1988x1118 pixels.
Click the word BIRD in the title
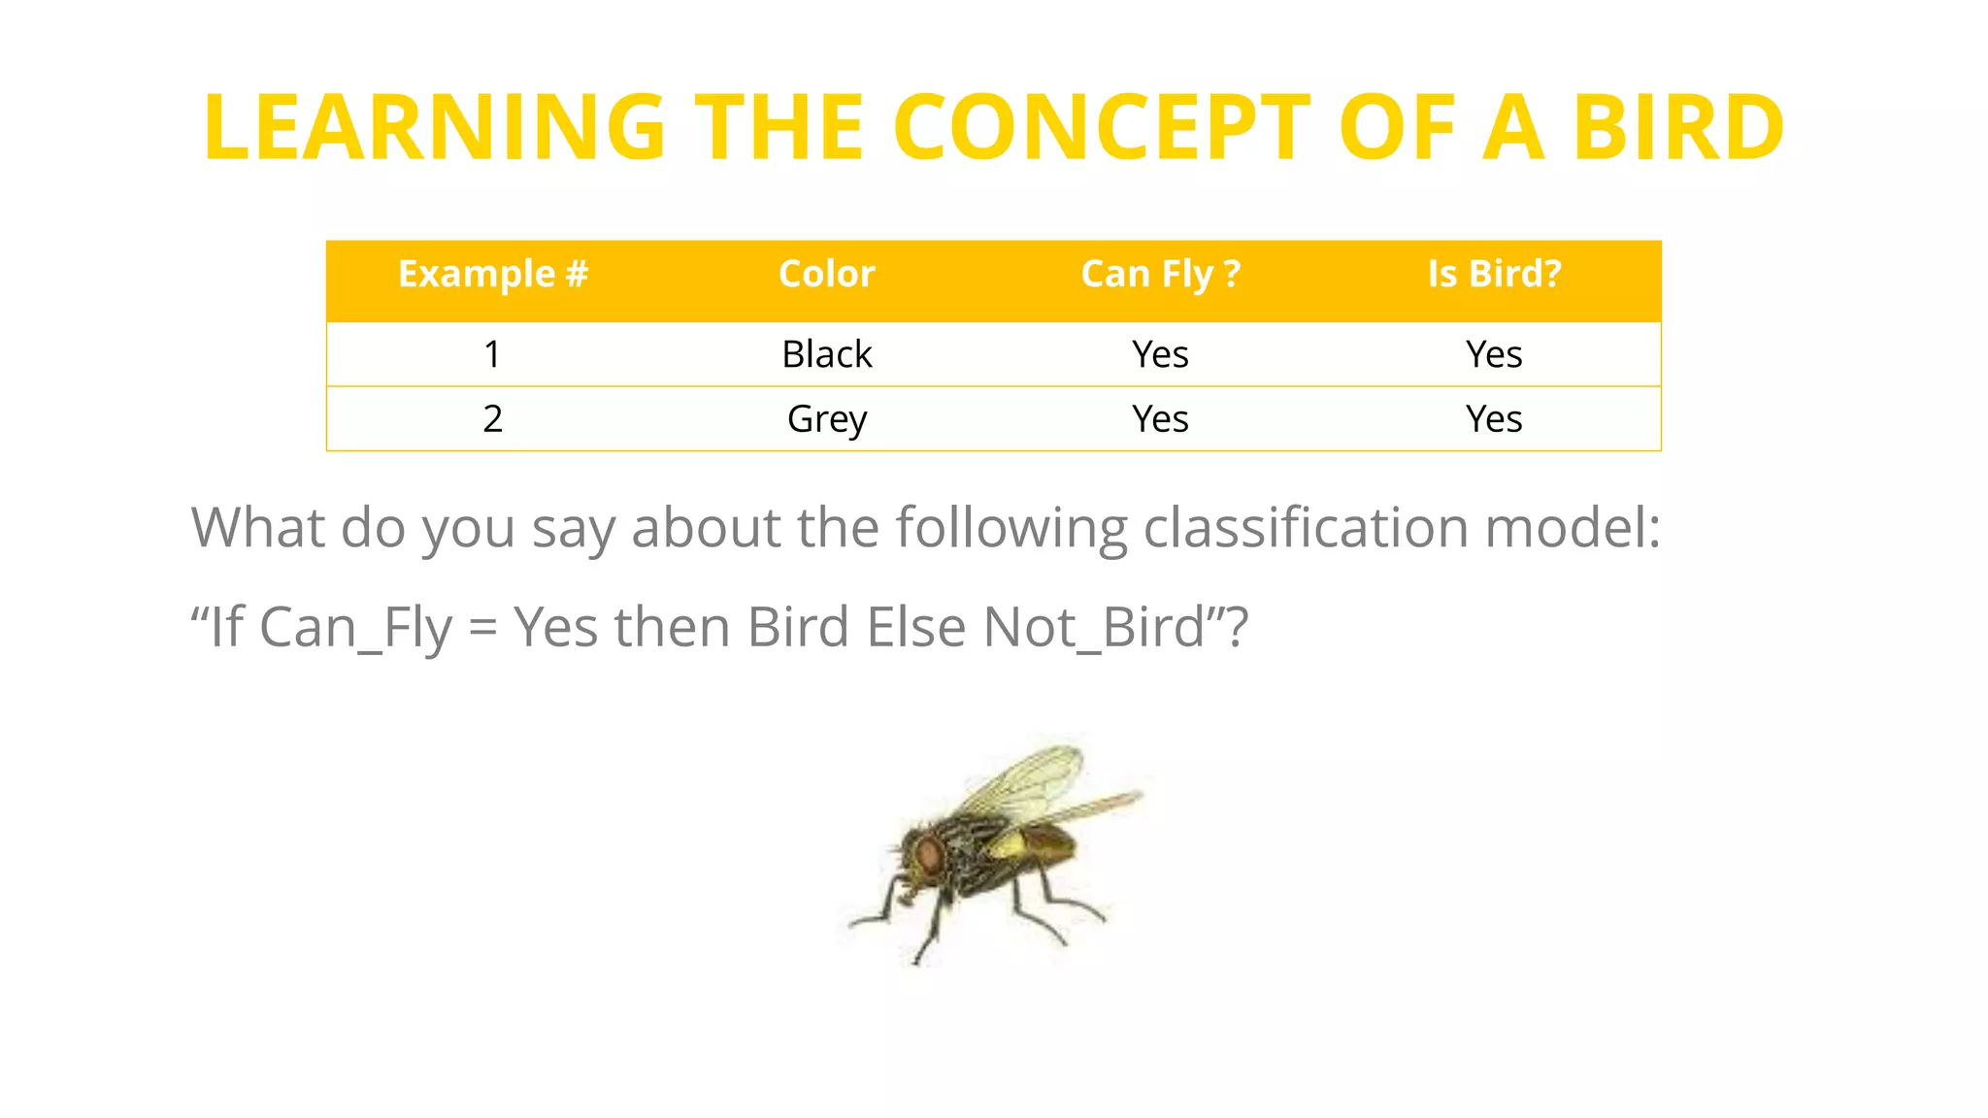[1677, 127]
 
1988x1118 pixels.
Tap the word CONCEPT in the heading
[1102, 127]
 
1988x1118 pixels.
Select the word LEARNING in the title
[434, 127]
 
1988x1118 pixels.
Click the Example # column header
[493, 274]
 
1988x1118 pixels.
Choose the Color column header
[827, 274]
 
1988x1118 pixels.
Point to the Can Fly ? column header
[1161, 274]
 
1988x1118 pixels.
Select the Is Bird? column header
[1494, 274]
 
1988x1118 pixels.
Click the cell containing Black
[827, 354]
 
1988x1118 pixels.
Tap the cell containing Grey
[827, 419]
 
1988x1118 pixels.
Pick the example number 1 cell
[493, 354]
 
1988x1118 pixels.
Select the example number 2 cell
[493, 419]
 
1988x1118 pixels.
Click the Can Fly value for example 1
[1161, 354]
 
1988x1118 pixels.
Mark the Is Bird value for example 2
[1494, 419]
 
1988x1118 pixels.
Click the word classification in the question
[1306, 528]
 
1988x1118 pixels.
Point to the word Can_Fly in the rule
[356, 627]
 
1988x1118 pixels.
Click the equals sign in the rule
[482, 629]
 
